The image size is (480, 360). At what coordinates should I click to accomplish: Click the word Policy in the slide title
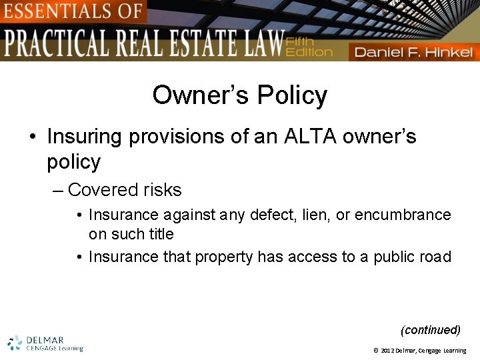click(291, 95)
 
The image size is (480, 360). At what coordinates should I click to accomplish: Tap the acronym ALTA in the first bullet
click(311, 137)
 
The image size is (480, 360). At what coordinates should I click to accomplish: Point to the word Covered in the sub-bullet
click(98, 190)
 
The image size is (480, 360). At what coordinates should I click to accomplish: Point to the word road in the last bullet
click(437, 257)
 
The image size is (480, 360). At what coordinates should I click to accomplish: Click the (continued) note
click(430, 330)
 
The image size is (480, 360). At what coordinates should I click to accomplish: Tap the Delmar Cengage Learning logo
click(45, 343)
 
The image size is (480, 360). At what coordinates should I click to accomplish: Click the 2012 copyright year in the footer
click(388, 351)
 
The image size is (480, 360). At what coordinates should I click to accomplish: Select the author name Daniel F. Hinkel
click(413, 52)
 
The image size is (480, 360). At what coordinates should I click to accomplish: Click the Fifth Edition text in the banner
click(308, 47)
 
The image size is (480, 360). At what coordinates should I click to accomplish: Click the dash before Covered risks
click(57, 191)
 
